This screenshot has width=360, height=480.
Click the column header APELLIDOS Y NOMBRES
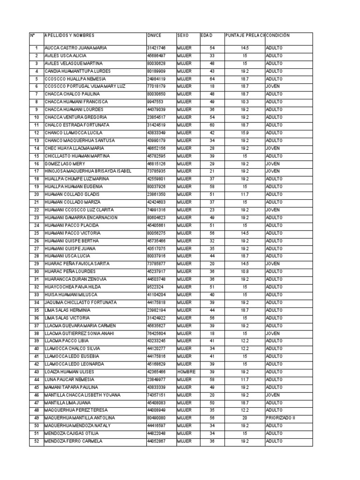[69, 36]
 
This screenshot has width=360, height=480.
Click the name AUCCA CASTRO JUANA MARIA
[75, 48]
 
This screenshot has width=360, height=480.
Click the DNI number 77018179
[156, 87]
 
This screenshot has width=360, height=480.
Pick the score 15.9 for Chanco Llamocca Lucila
[245, 133]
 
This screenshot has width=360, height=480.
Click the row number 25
[36, 233]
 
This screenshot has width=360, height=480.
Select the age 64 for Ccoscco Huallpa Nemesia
[212, 79]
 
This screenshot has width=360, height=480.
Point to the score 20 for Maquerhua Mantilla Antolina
[245, 418]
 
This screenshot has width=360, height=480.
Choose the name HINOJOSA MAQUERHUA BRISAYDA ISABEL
[88, 172]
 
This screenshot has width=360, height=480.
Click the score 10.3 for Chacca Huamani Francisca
[245, 102]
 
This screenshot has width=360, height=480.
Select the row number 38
[36, 333]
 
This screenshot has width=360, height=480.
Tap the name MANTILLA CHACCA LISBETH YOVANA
[82, 395]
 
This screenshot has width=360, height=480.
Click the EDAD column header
[206, 36]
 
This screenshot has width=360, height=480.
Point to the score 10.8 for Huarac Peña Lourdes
[245, 271]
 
